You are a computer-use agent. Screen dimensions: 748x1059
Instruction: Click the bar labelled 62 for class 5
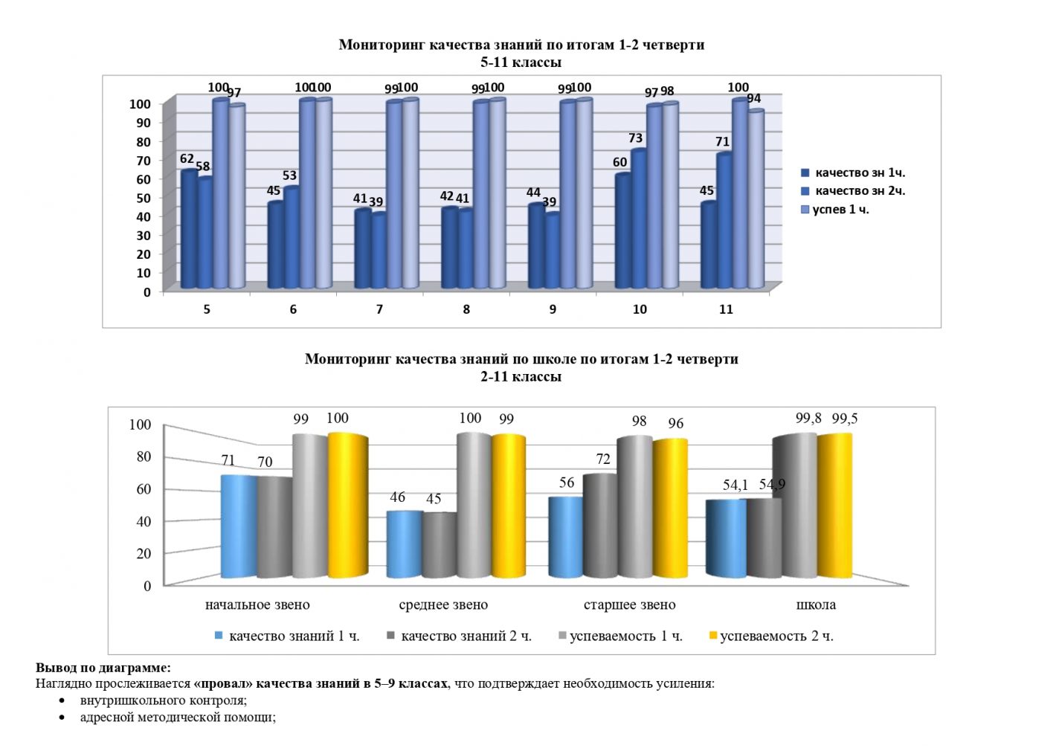coord(189,230)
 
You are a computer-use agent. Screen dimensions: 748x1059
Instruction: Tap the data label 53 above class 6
coord(289,175)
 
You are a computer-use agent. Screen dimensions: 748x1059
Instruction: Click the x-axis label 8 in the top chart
coord(466,309)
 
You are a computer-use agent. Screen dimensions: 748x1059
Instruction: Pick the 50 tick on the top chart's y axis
coord(143,198)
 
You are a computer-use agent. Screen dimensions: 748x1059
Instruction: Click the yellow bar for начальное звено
coord(348,506)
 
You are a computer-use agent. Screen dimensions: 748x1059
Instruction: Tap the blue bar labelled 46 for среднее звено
coord(405,544)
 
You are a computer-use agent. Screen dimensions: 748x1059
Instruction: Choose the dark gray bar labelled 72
coord(600,526)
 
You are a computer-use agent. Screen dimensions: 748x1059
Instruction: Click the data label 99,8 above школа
coord(808,419)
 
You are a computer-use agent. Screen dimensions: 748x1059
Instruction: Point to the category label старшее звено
coord(629,605)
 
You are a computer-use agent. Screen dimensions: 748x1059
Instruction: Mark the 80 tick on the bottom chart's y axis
coord(144,457)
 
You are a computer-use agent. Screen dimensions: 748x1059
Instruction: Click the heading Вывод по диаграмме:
coord(103,668)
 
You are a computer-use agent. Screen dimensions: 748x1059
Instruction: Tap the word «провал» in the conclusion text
coord(222,683)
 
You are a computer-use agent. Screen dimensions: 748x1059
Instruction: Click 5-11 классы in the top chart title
coord(521,62)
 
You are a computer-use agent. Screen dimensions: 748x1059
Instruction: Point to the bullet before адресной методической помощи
coord(62,718)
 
